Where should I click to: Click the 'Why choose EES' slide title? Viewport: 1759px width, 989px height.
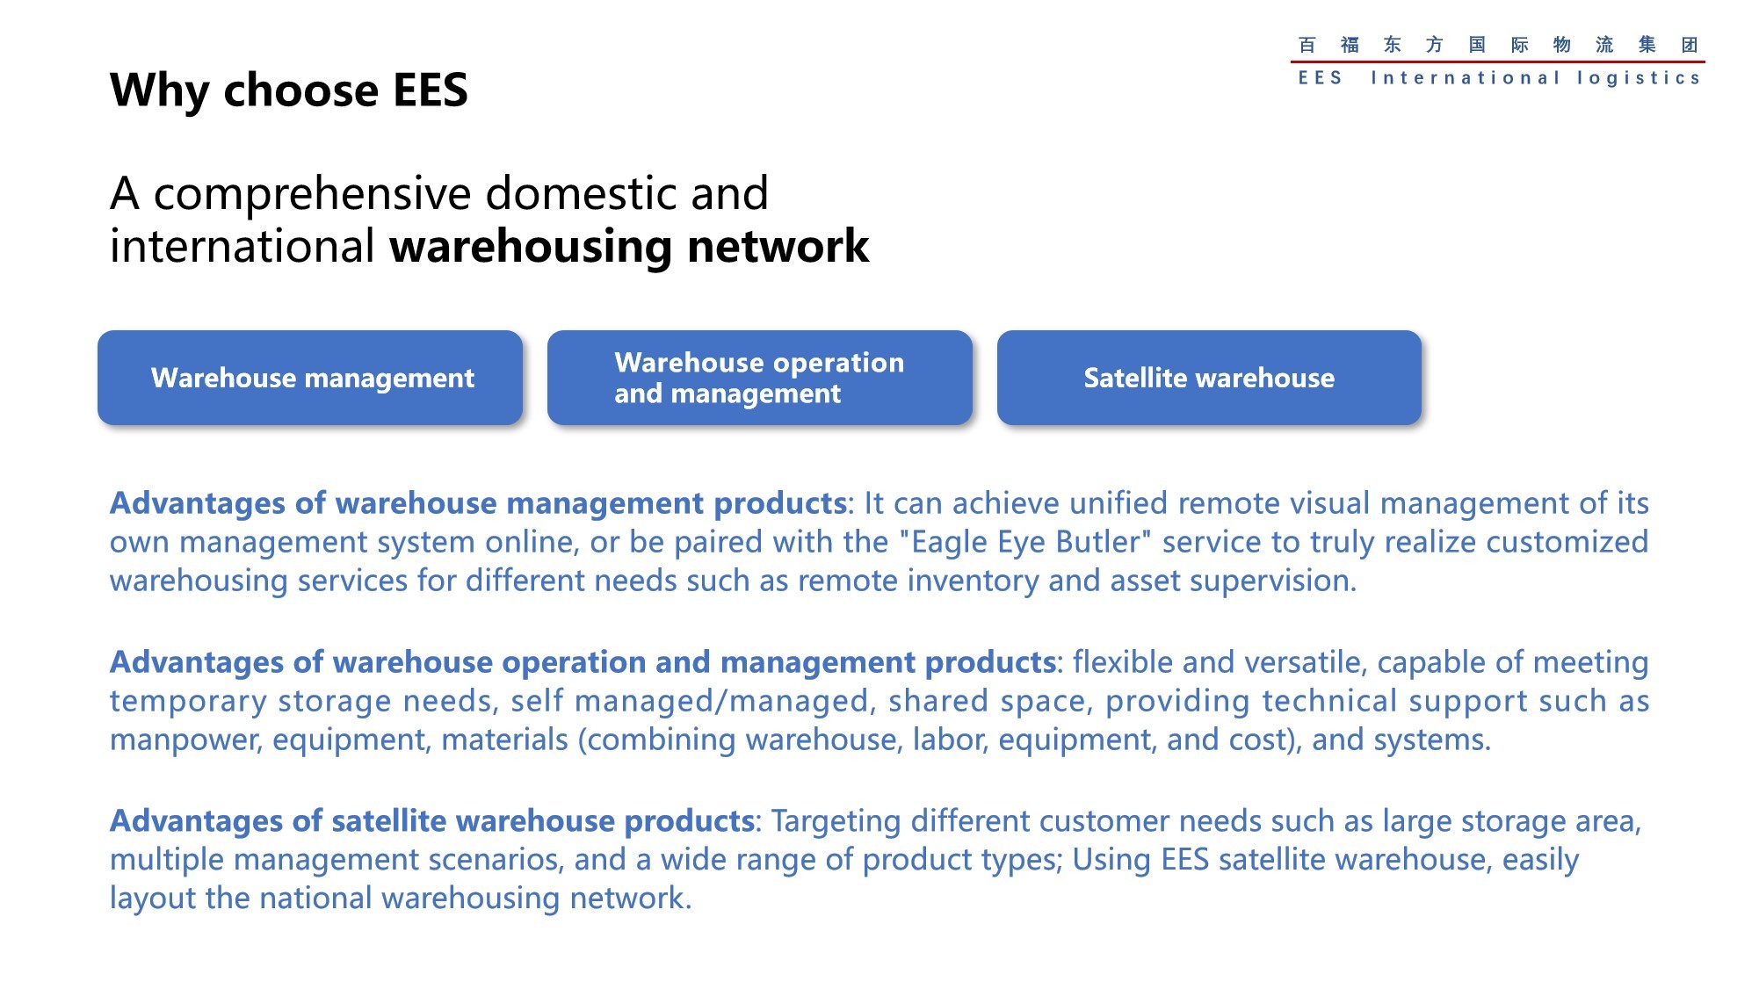[289, 90]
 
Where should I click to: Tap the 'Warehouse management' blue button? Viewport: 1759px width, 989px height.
[310, 378]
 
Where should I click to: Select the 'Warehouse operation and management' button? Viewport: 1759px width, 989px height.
[760, 378]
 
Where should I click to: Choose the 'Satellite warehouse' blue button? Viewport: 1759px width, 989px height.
[1209, 378]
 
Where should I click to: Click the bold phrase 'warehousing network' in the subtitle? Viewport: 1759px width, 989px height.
[629, 246]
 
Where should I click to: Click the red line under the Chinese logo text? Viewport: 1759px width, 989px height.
[1497, 61]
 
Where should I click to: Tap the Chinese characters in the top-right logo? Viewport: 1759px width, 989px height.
[1497, 45]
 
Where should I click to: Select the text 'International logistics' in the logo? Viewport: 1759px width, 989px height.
[1535, 78]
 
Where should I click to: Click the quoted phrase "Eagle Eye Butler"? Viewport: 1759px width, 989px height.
[1024, 542]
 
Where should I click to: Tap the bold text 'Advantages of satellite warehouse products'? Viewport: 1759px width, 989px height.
[432, 820]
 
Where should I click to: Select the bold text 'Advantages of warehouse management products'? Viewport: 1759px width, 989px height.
[478, 503]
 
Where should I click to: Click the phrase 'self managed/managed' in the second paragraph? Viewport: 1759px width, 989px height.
[690, 702]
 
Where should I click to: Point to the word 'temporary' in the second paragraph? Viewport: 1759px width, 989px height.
[189, 702]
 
